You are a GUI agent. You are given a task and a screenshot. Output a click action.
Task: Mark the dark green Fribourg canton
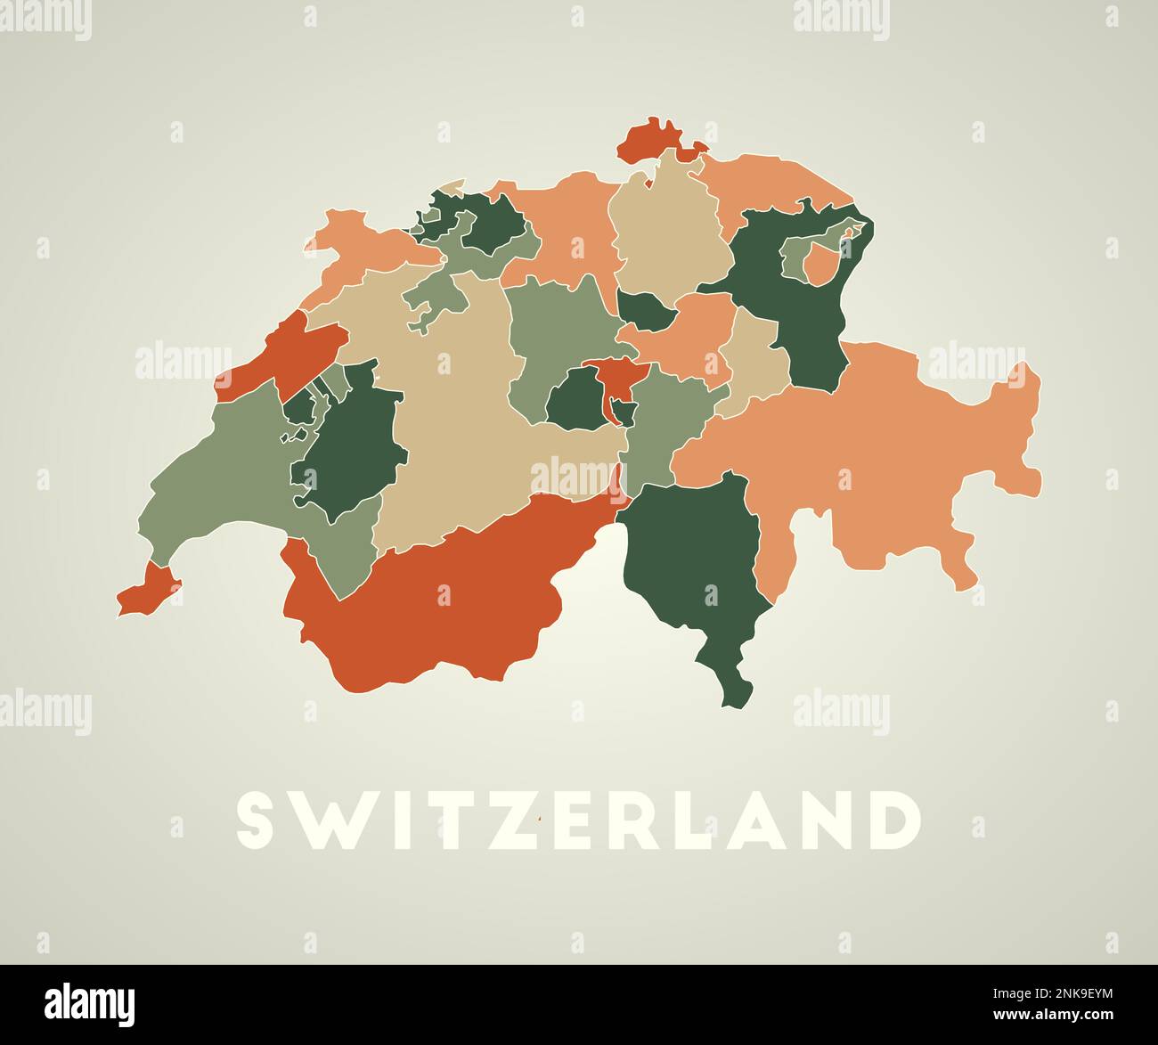pyautogui.click(x=352, y=445)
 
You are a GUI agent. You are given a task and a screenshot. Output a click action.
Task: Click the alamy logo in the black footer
pyautogui.click(x=90, y=1004)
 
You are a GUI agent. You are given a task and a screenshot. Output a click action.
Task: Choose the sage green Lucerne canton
pyautogui.click(x=552, y=330)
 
